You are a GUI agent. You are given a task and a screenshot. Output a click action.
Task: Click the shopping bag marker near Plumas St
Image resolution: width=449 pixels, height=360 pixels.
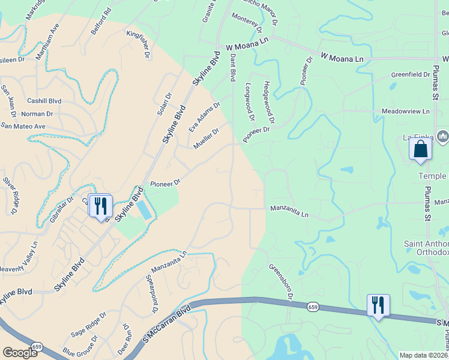point(420,148)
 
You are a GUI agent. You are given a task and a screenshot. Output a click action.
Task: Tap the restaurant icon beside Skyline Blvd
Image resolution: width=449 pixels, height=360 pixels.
point(100,206)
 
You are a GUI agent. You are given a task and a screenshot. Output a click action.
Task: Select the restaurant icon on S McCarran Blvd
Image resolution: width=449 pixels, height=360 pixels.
point(378,305)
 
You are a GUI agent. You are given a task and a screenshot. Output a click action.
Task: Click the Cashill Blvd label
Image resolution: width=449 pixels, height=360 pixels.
point(44,101)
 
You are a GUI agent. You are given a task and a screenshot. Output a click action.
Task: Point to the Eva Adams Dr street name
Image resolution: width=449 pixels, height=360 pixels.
point(204,117)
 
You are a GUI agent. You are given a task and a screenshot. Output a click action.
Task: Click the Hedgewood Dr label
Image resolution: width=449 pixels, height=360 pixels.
point(268,103)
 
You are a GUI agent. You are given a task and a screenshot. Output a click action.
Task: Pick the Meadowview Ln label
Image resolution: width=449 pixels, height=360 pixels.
point(406,112)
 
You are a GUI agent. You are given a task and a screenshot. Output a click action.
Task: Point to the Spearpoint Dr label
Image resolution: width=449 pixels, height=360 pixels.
point(151,295)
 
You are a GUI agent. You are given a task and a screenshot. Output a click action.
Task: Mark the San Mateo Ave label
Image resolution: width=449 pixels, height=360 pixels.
point(23,126)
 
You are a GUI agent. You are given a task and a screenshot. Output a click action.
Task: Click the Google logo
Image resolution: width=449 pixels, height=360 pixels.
point(20,353)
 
